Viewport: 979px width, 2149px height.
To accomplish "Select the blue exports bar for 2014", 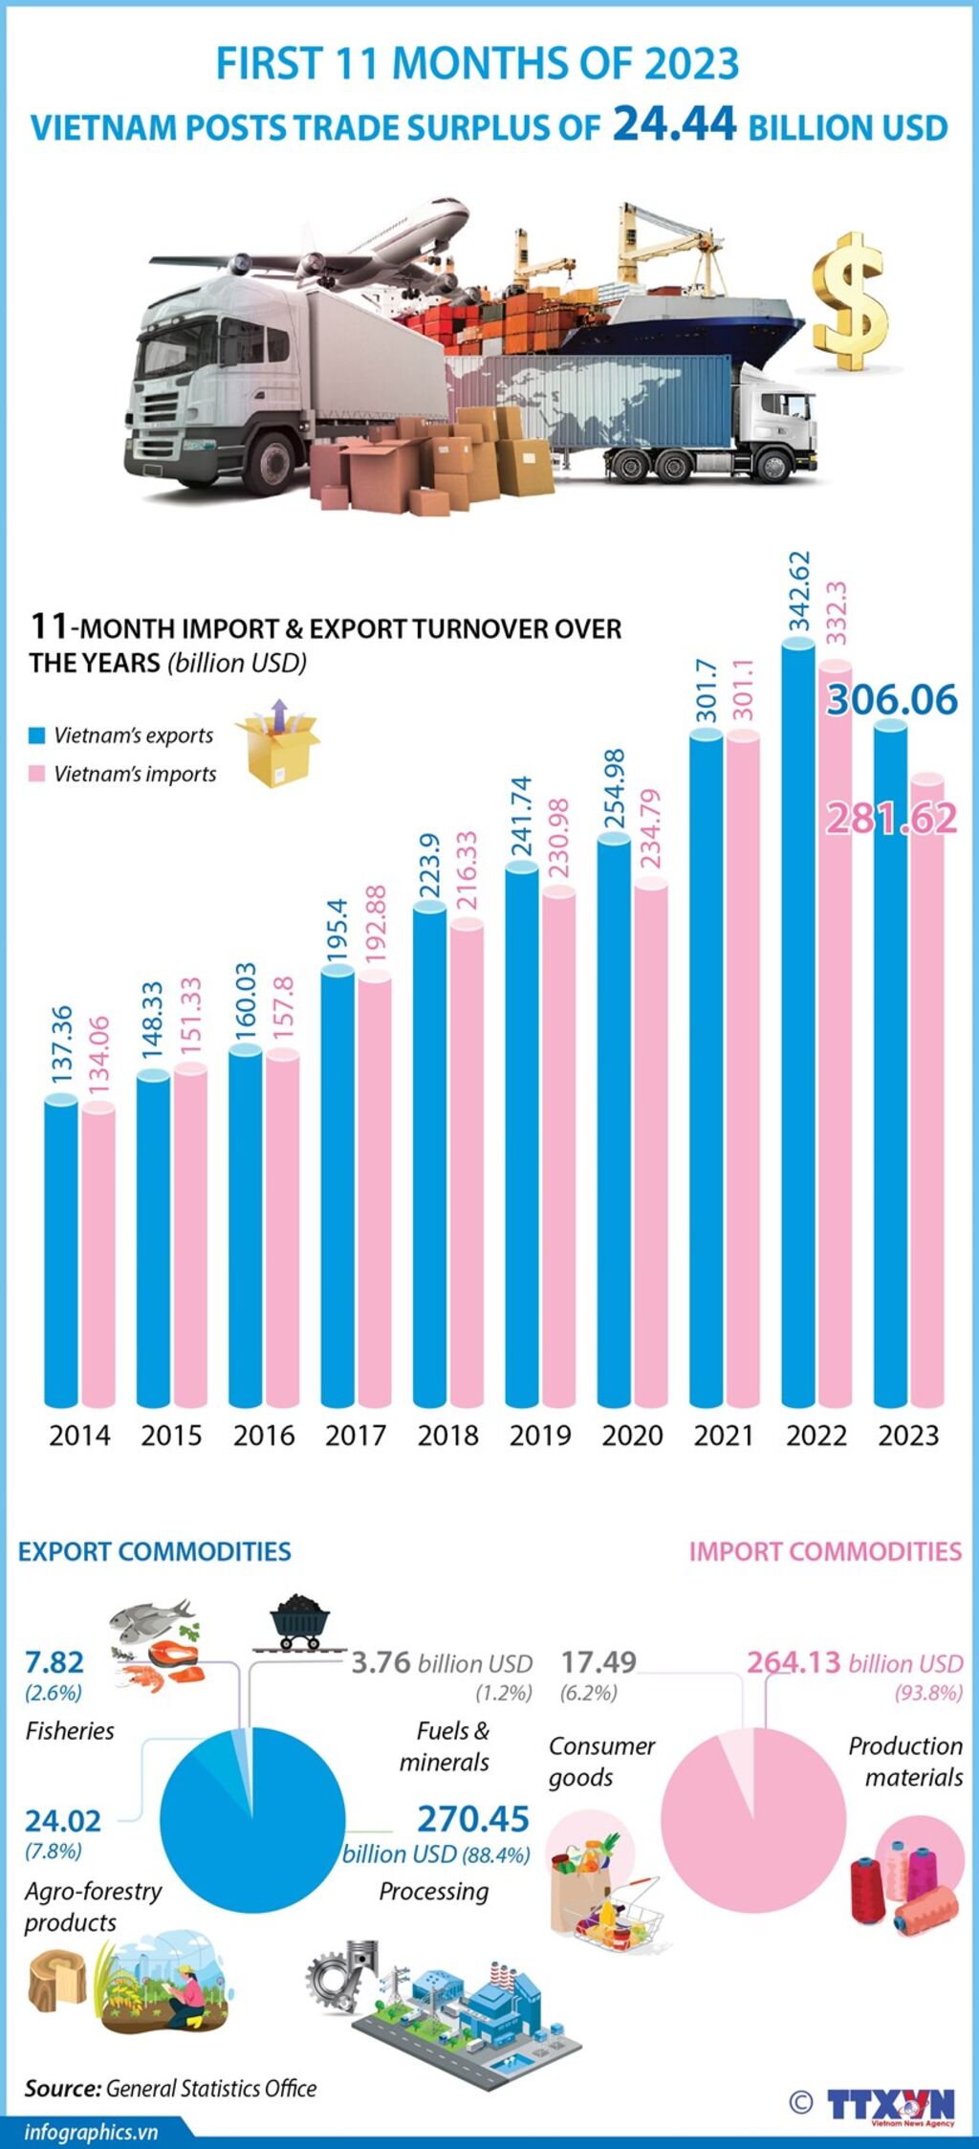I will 61,1253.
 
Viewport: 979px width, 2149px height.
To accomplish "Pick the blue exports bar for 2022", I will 798,1023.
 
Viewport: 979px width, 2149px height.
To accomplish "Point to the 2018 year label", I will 447,1436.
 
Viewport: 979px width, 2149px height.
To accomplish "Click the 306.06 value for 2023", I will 892,700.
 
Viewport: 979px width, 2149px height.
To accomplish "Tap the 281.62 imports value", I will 891,819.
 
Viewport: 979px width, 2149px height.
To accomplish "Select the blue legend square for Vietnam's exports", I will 37,735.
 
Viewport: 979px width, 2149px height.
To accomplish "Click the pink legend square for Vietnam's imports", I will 37,774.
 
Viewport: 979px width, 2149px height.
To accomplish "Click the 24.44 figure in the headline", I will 675,124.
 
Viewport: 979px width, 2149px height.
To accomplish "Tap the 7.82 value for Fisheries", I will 54,1661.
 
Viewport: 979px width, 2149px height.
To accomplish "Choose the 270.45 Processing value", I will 473,1818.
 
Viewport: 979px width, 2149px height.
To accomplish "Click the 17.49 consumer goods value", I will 598,1661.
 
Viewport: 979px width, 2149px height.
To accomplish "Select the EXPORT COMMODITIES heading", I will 155,1551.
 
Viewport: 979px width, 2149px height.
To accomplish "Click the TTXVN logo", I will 890,2104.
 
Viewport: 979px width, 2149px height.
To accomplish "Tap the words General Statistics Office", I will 211,2089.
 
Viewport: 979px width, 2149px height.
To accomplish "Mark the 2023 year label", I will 908,1436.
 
